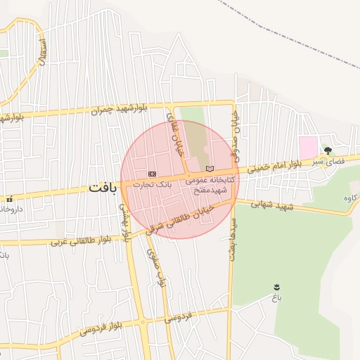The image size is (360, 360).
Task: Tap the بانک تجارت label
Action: point(153,184)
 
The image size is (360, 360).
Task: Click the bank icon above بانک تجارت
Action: point(152,173)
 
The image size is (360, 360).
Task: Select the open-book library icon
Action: point(209,169)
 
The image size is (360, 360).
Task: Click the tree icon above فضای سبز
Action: point(327,150)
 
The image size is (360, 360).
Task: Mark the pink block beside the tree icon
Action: point(308,148)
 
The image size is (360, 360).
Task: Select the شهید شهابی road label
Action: point(275,206)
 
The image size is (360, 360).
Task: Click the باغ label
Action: point(276,298)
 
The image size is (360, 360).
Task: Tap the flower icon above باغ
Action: point(276,287)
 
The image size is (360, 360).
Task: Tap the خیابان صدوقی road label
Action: point(237,130)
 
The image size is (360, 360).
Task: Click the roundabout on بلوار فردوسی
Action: point(143,323)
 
